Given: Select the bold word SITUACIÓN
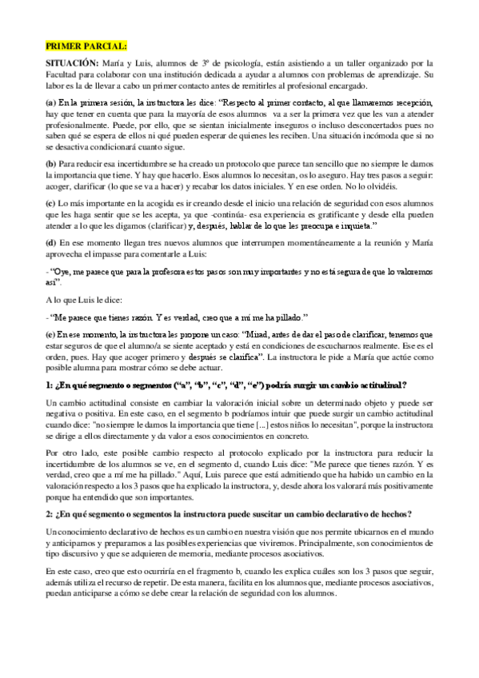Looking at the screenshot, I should (x=71, y=63).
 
